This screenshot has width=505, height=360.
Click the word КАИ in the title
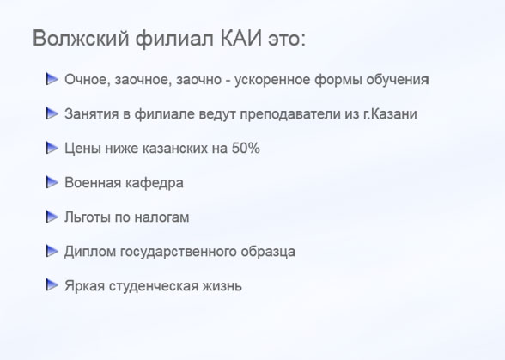pyautogui.click(x=241, y=38)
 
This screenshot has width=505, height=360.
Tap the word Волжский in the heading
pyautogui.click(x=81, y=39)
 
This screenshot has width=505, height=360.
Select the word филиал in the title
pyautogui.click(x=174, y=39)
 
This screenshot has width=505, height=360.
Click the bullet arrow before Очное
pyautogui.click(x=52, y=79)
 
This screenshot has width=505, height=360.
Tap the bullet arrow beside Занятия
pyautogui.click(x=52, y=113)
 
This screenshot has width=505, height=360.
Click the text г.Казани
pyautogui.click(x=390, y=113)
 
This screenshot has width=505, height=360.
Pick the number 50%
pyautogui.click(x=246, y=149)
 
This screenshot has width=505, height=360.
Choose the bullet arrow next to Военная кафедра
pyautogui.click(x=52, y=182)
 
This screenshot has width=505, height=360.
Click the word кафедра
pyautogui.click(x=154, y=183)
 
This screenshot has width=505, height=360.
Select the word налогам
pyautogui.click(x=161, y=217)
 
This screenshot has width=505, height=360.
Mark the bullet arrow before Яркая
pyautogui.click(x=52, y=284)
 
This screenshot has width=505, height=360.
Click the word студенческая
pyautogui.click(x=153, y=286)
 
